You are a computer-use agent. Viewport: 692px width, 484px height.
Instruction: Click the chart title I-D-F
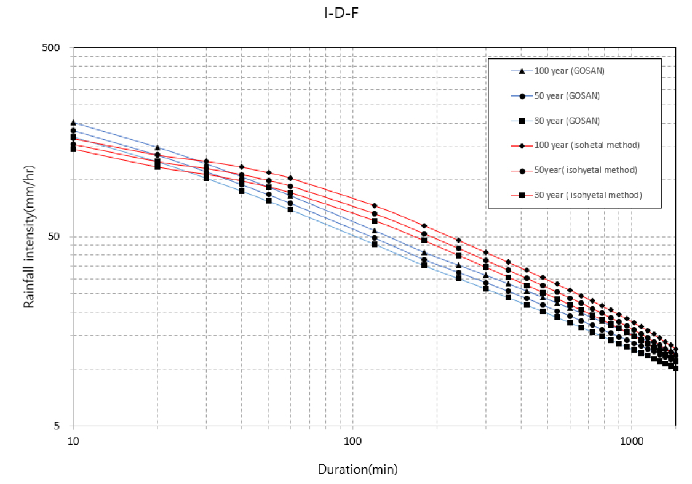click(x=345, y=14)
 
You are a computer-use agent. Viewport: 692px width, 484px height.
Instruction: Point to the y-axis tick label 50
click(x=61, y=237)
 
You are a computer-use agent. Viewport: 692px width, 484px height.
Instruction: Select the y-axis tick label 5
click(x=63, y=426)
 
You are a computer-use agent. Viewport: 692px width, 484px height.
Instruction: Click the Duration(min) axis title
click(x=357, y=469)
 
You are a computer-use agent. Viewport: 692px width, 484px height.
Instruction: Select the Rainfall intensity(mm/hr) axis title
click(x=28, y=237)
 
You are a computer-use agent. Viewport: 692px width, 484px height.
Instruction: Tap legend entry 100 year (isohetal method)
click(x=587, y=145)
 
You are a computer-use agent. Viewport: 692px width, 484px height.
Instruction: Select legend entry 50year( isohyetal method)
click(x=586, y=170)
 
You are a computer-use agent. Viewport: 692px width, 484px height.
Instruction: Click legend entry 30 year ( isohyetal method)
click(x=588, y=195)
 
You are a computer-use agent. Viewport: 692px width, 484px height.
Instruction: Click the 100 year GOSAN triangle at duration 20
click(x=157, y=148)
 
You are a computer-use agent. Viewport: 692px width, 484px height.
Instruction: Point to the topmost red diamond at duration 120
click(x=375, y=205)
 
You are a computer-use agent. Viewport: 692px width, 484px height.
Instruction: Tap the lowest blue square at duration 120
click(x=375, y=244)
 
